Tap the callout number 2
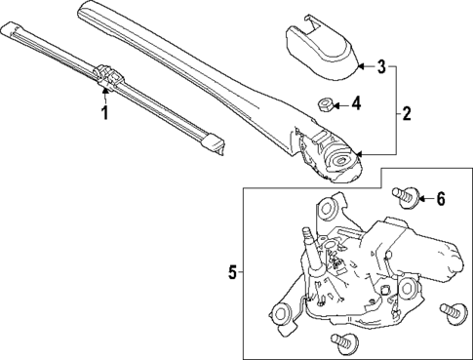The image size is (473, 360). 406,114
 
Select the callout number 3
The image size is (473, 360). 381,67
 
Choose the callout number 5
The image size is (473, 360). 232,274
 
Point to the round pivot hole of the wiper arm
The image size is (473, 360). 342,160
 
